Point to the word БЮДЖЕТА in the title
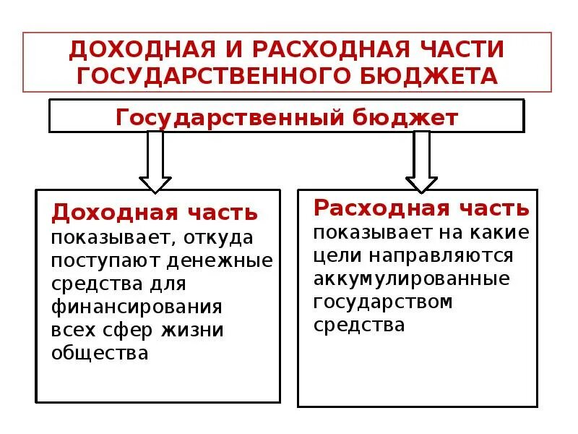point(436,75)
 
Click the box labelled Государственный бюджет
point(286,117)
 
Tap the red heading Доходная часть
point(155,213)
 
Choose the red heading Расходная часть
point(421,209)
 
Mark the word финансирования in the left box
point(136,307)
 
